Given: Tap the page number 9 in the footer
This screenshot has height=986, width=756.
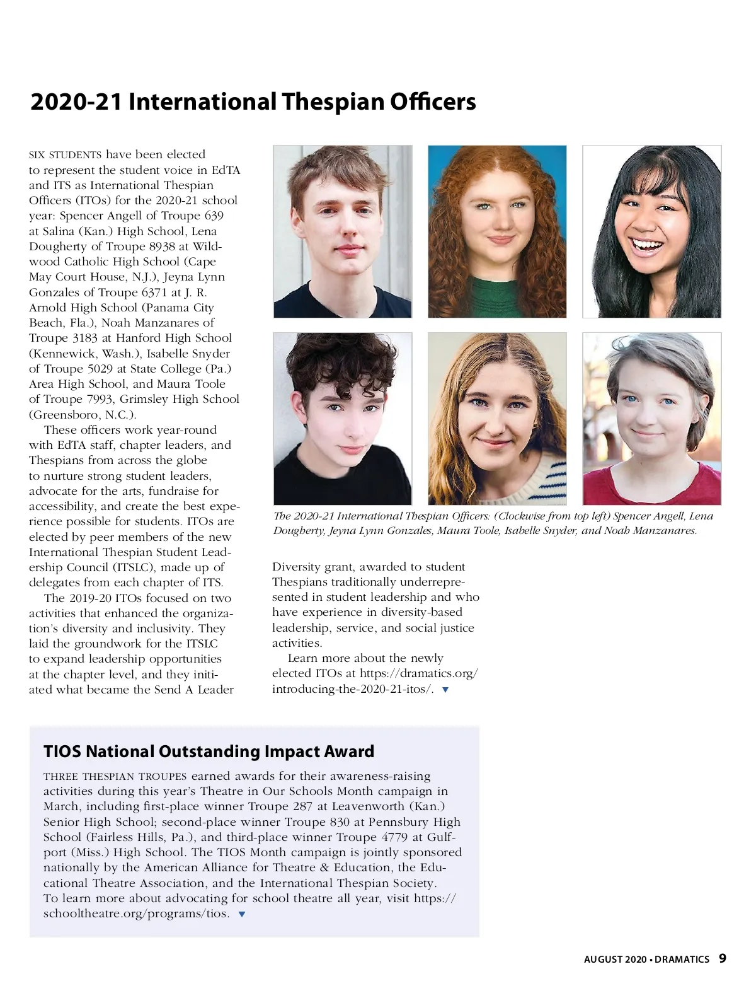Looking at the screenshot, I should [723, 958].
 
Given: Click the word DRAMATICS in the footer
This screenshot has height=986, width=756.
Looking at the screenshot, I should [682, 960].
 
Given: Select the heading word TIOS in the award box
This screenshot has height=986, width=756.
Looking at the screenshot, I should [62, 751].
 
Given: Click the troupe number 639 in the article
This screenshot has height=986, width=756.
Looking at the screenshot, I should [214, 216].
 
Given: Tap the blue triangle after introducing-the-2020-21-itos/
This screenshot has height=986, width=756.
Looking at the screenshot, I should [446, 690].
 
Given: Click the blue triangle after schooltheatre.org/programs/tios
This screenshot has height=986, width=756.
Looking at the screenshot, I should [242, 914].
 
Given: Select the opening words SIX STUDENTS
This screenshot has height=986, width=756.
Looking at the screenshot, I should [65, 155].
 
